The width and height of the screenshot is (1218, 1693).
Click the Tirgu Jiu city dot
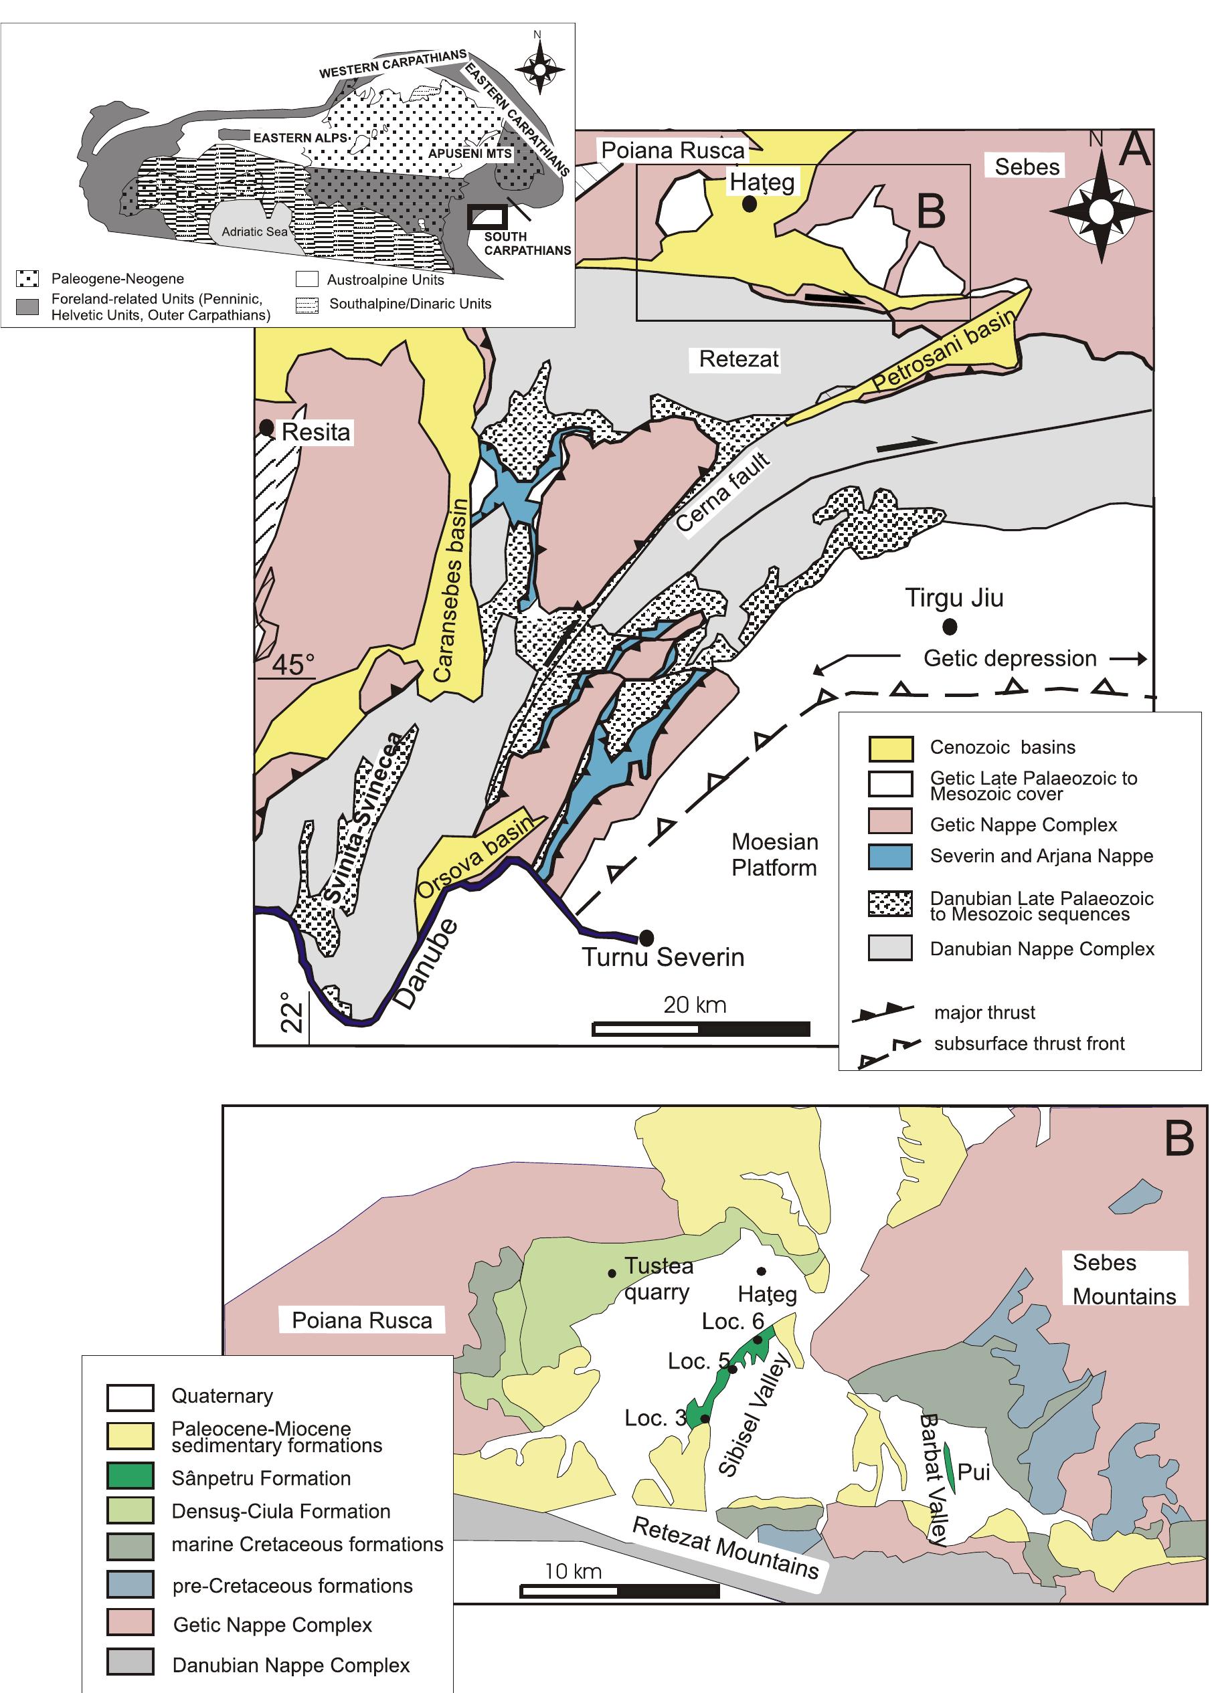[x=949, y=626]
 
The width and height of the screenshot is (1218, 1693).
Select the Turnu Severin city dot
[x=646, y=937]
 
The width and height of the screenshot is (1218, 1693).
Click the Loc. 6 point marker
[x=758, y=1340]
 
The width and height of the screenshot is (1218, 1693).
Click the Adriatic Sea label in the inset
[x=255, y=231]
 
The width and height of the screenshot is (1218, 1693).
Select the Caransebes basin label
[x=453, y=590]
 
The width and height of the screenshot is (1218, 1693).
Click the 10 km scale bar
[x=620, y=1591]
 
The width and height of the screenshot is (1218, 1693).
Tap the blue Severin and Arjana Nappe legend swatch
[x=890, y=857]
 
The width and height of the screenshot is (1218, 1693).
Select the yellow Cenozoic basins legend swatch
[x=890, y=747]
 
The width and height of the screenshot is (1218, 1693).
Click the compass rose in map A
[x=1100, y=211]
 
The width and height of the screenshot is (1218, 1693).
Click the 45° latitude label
[x=292, y=664]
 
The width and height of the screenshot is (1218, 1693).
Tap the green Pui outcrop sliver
[x=949, y=1465]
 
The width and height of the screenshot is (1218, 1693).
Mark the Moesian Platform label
[x=774, y=855]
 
